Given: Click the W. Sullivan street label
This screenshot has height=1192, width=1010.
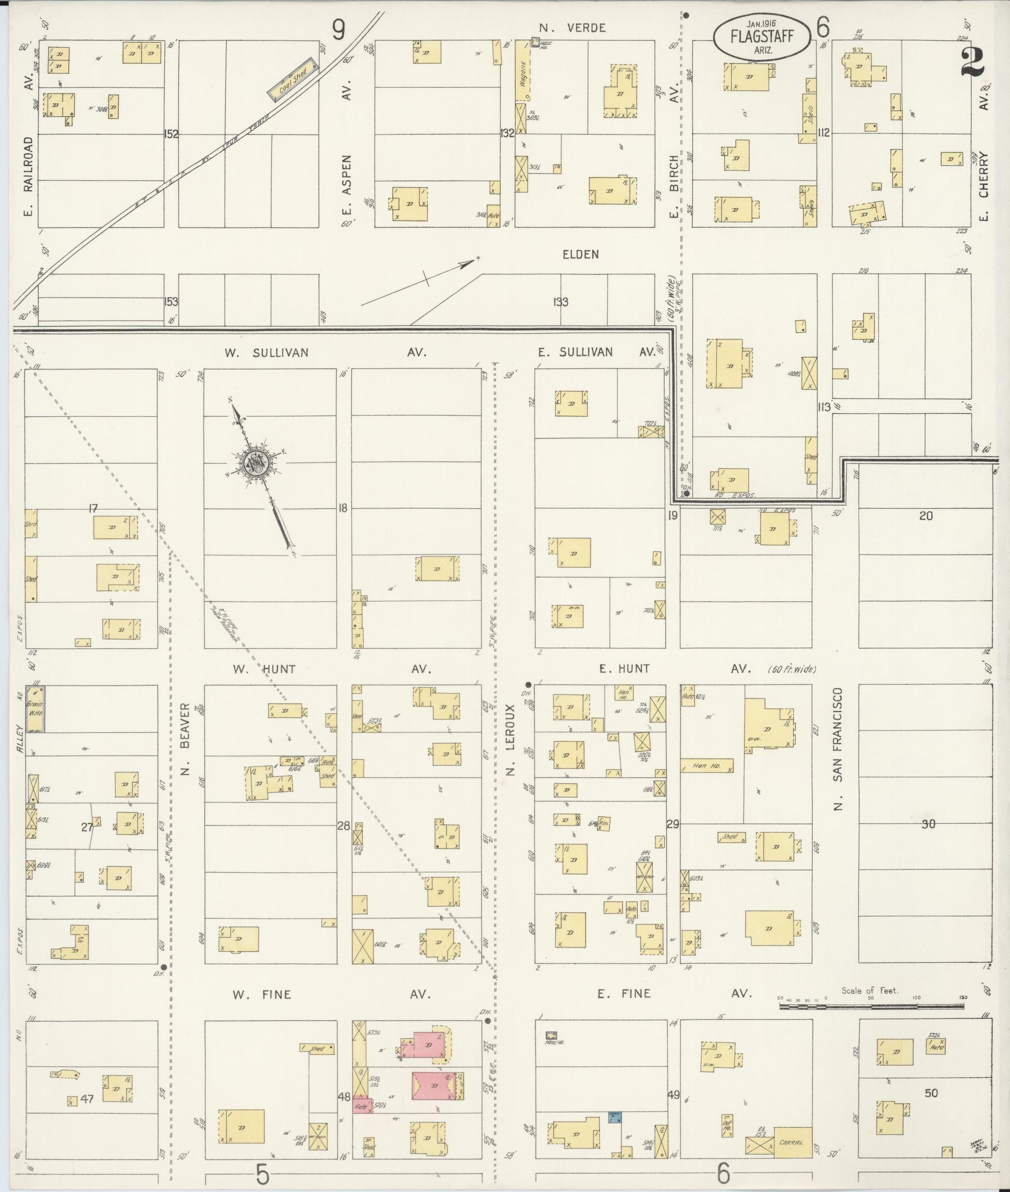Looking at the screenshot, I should [x=266, y=353].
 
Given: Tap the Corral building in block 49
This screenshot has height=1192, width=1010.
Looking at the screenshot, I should [x=793, y=1142].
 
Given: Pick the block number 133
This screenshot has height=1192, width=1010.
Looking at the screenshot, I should [x=561, y=302].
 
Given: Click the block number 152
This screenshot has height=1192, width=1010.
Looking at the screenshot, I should [x=171, y=134].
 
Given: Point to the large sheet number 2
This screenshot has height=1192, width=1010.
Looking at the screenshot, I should [x=972, y=62].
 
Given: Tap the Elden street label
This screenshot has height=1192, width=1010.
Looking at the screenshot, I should [x=581, y=254].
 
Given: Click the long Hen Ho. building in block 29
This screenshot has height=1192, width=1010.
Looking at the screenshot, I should [x=706, y=766].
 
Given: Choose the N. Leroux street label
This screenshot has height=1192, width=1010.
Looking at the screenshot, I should [x=512, y=739].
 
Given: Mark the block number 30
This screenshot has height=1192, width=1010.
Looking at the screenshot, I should [x=928, y=824].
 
